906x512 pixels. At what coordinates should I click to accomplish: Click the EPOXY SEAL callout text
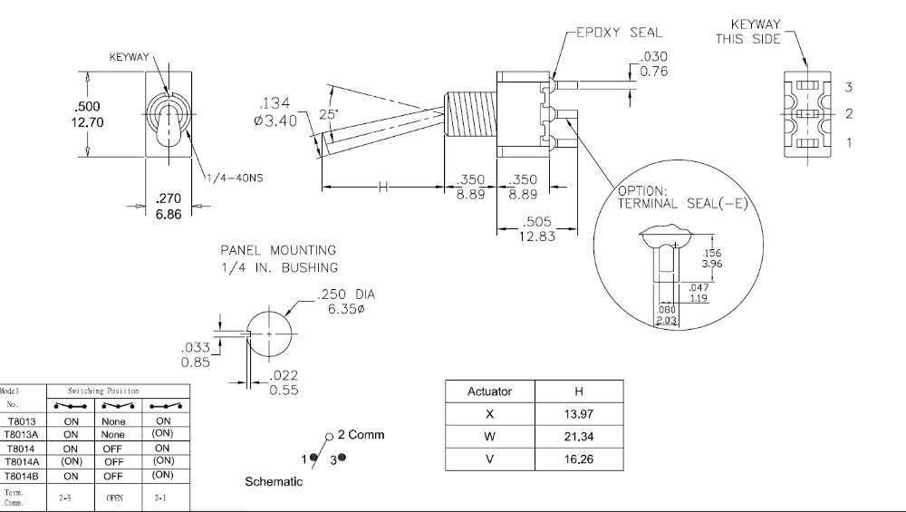[x=616, y=33]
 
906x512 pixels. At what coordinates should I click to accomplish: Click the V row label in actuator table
[x=490, y=459]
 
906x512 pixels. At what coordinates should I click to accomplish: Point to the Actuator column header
[x=489, y=391]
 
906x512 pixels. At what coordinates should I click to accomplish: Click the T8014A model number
[x=22, y=461]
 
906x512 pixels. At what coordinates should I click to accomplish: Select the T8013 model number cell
[x=22, y=421]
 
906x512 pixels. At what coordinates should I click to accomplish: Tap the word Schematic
[x=274, y=482]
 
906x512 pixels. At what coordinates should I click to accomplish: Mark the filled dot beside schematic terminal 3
[x=342, y=459]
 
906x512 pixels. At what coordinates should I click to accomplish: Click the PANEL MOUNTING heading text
[x=278, y=249]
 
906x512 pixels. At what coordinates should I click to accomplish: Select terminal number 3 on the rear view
[x=849, y=87]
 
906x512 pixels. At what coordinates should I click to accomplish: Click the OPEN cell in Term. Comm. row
[x=114, y=498]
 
